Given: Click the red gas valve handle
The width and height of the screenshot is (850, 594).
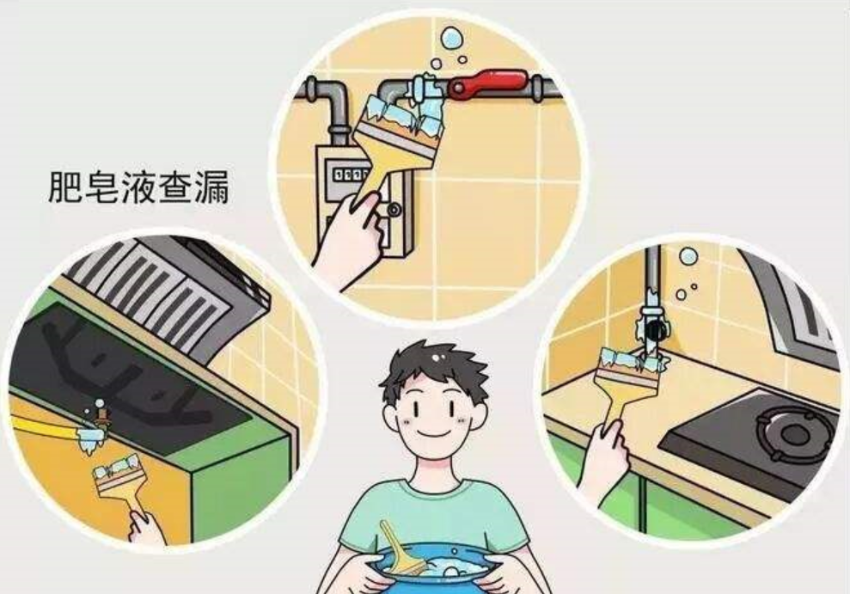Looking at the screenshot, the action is pos(488,83).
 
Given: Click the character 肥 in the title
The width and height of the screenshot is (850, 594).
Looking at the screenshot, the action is pos(65,187).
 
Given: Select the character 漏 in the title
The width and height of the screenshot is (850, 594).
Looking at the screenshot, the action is pos(211,187).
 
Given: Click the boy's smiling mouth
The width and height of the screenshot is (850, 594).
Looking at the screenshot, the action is pos(433,432).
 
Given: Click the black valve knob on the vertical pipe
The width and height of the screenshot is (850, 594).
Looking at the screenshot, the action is pos(656,329).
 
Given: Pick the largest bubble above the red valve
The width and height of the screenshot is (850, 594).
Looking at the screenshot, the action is pos(451,38).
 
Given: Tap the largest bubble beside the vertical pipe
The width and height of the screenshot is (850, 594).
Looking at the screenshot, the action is pos(688,256).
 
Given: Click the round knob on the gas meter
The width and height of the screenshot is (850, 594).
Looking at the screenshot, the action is pos(394,209).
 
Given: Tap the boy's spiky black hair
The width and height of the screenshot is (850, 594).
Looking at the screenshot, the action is pos(434,369).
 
